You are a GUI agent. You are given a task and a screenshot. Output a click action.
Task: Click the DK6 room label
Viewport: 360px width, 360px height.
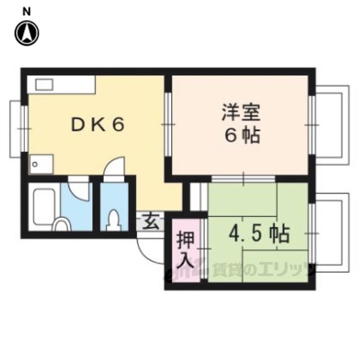[x=97, y=125]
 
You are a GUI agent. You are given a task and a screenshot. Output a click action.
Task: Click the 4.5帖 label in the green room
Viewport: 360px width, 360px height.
[x=259, y=232]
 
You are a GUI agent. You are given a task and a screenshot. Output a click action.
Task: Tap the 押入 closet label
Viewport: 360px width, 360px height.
[x=186, y=250]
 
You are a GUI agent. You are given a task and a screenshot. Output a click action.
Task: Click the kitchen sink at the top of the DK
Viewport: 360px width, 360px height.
[x=44, y=84]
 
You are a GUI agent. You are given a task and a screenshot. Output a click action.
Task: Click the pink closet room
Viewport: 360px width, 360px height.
[x=186, y=250]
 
